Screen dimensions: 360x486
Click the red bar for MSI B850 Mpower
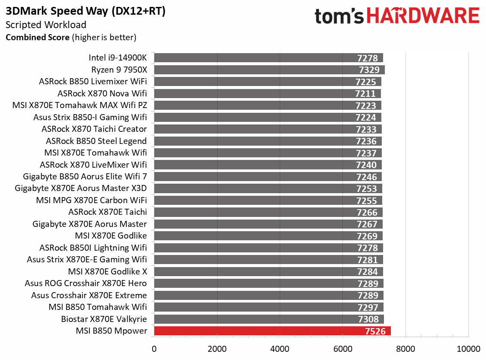tap(259, 331)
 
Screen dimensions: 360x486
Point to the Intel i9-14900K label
tap(118, 58)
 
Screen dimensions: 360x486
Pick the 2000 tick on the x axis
tap(217, 349)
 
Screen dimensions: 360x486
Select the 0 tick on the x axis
tap(154, 349)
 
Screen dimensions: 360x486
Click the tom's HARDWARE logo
tap(397, 16)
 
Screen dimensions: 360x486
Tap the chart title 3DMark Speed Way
tap(85, 12)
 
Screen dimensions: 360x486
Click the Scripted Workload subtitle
tap(46, 25)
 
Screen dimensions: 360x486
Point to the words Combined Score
tap(37, 38)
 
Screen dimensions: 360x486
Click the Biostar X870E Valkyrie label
tap(104, 319)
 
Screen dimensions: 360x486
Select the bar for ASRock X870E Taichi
tap(259, 212)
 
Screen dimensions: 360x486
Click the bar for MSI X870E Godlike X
tap(259, 272)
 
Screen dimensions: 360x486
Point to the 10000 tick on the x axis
tap(468, 349)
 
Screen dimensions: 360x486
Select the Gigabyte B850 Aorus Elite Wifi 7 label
tap(85, 176)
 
